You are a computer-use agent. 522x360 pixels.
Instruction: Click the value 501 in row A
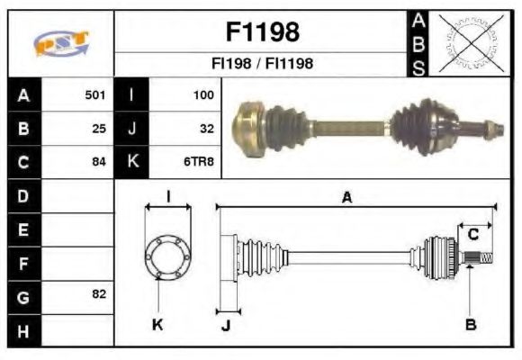click(95, 94)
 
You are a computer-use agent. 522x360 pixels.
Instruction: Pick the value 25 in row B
click(99, 128)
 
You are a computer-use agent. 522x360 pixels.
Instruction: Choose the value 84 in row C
click(99, 162)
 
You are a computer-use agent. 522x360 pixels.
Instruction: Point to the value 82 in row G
click(99, 295)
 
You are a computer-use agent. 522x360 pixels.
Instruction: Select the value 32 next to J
click(206, 128)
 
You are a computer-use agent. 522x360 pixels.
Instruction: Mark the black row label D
click(23, 195)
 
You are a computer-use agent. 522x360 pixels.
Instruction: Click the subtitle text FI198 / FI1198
click(261, 64)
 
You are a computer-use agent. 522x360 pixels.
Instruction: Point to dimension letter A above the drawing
click(346, 197)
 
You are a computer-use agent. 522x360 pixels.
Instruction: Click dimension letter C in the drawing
click(472, 235)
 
